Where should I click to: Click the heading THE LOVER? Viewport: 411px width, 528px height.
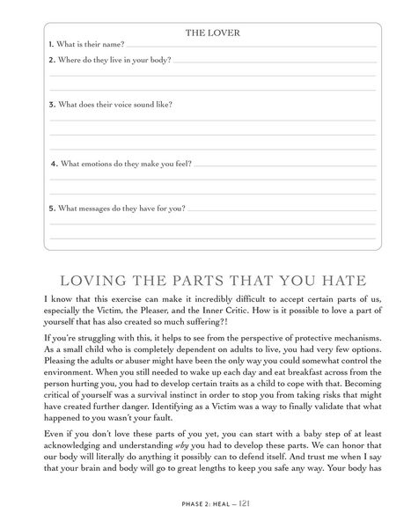[x=212, y=33]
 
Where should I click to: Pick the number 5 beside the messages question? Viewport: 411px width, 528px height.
[x=51, y=209]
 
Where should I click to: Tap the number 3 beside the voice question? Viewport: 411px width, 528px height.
[x=51, y=105]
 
